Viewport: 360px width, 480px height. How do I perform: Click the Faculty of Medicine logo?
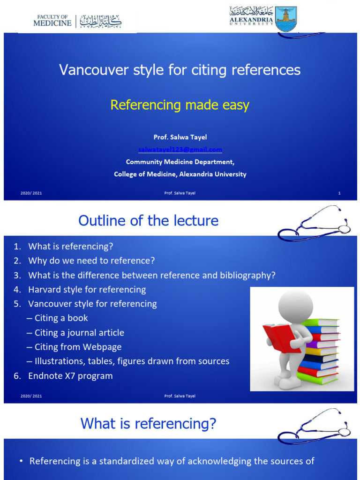pos(77,21)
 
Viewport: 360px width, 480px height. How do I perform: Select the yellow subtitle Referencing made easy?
pos(180,105)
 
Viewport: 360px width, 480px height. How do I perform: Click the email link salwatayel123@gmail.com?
pos(180,150)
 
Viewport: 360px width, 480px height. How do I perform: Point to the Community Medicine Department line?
pos(180,162)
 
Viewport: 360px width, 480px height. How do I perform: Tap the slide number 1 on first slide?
pos(339,193)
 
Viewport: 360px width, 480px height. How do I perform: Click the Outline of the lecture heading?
pos(148,220)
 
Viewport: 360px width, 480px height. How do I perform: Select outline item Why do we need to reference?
pos(91,260)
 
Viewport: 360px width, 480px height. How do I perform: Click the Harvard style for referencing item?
pos(87,289)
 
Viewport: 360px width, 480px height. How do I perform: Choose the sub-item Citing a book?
pos(61,318)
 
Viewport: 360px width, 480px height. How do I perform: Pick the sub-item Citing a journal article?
pos(79,333)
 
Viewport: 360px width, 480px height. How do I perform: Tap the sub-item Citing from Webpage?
pos(77,347)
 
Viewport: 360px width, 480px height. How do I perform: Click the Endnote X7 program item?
pos(70,376)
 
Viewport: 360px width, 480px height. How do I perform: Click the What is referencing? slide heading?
pos(148,423)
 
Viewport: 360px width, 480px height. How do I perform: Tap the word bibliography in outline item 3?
pos(247,275)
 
